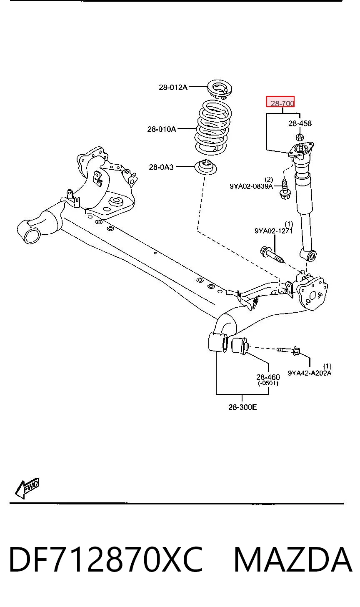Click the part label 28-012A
[173, 87]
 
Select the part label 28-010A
[162, 129]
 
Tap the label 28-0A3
[161, 167]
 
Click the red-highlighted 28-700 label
[280, 102]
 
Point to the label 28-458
[300, 123]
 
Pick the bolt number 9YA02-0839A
[251, 186]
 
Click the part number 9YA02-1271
[274, 231]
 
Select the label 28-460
[268, 377]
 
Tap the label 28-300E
[242, 407]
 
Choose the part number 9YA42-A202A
[310, 373]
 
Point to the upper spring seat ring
[220, 89]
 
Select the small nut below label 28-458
[299, 137]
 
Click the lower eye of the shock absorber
[309, 255]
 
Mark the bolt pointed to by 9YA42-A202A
[288, 351]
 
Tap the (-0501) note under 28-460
[268, 383]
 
